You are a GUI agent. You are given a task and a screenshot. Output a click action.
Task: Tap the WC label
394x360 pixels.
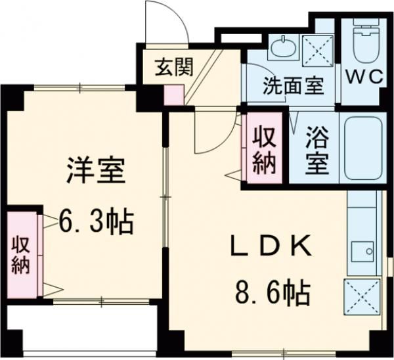pyautogui.click(x=364, y=77)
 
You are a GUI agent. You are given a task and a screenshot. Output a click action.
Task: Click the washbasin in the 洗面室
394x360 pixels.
pyautogui.click(x=284, y=45)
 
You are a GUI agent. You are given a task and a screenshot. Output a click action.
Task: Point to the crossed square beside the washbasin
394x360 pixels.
pyautogui.click(x=317, y=47)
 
